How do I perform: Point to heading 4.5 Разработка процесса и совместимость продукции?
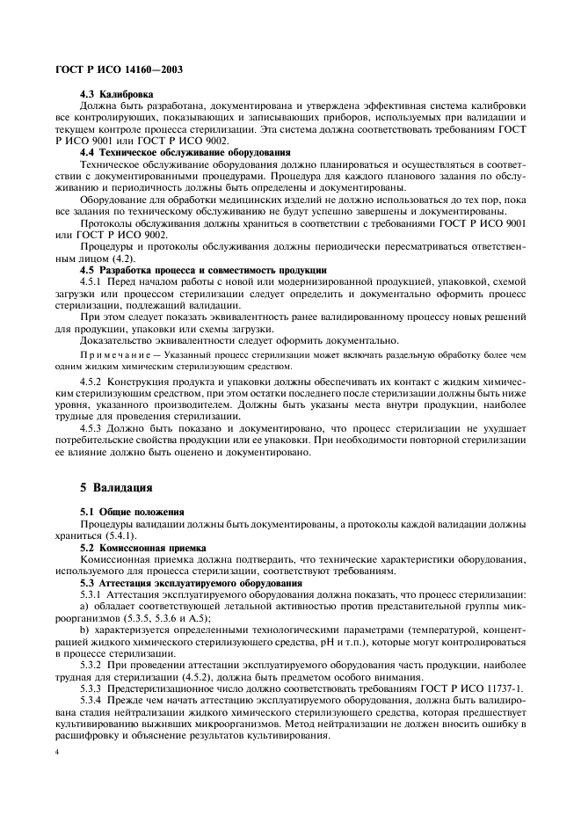pos(203,268)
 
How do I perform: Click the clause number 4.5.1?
pos(91,280)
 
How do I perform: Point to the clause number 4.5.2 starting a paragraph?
pos(91,384)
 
